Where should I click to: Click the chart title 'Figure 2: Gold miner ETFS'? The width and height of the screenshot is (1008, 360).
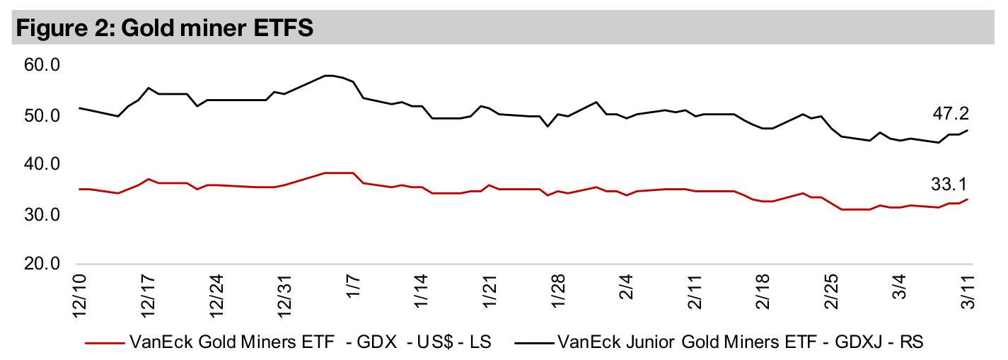coord(163,28)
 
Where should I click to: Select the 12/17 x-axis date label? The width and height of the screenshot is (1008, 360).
coord(148,296)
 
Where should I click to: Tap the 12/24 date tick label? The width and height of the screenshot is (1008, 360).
coord(217,296)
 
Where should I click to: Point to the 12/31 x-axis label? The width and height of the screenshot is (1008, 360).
coord(286,296)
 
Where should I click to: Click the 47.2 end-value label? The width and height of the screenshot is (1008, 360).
coord(950,113)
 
